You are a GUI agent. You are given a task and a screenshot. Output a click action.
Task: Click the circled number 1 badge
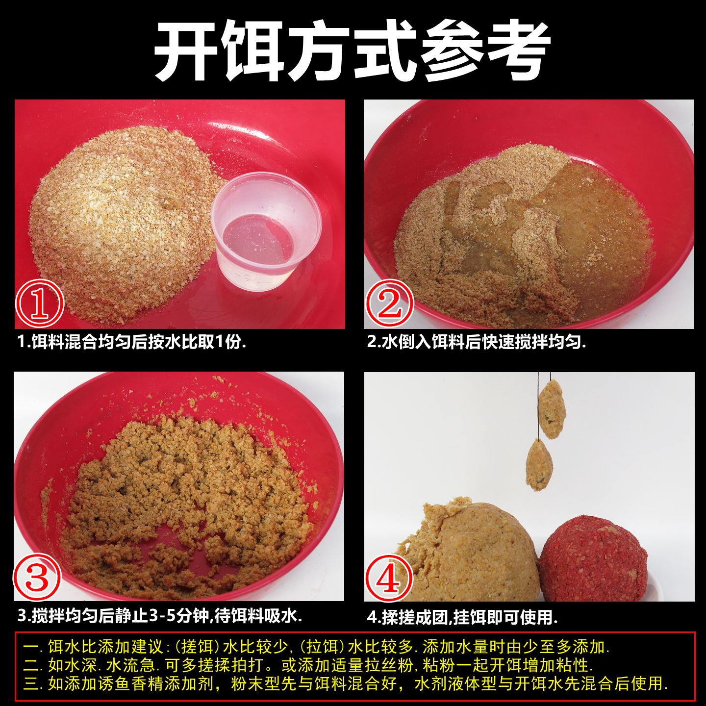click(x=40, y=303)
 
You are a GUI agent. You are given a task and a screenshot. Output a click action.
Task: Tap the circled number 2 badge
click(x=390, y=303)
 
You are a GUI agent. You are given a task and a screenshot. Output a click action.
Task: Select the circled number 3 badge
click(x=37, y=577)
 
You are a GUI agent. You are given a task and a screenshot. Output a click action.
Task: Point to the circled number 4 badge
click(x=389, y=578)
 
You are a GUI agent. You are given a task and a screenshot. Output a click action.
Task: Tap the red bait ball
click(x=593, y=559)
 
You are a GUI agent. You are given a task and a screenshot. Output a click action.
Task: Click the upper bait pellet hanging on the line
click(x=552, y=409)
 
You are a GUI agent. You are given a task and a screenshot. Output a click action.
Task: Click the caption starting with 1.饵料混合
click(x=132, y=342)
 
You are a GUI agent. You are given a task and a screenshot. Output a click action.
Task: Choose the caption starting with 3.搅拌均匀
click(x=160, y=616)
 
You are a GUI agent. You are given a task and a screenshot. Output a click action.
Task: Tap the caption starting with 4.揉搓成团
click(x=462, y=617)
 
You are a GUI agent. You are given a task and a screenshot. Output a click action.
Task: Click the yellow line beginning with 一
click(x=316, y=647)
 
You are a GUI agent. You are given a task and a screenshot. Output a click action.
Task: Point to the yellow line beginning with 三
click(x=346, y=683)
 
